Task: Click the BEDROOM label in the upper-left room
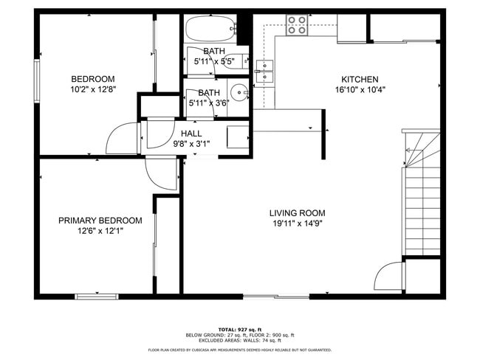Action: (93, 79)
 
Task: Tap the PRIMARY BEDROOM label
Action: (100, 220)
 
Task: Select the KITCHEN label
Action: (360, 79)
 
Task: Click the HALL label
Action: (191, 134)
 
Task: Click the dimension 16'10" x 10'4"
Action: (360, 90)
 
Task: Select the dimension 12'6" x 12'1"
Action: (100, 231)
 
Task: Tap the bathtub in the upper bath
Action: (209, 30)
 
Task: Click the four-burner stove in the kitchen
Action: (297, 25)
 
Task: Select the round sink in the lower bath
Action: (239, 93)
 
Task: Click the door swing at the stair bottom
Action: (388, 278)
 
